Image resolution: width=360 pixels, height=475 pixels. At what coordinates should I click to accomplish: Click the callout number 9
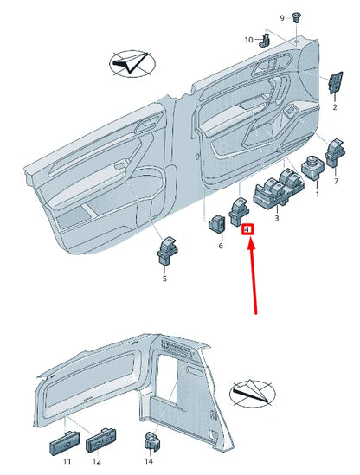(x=282, y=18)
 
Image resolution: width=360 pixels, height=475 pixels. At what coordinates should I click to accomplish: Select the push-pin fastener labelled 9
(x=295, y=17)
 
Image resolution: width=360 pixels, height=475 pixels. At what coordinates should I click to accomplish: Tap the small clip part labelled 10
(x=265, y=41)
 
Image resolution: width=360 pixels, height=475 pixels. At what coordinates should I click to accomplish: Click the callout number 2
(x=335, y=107)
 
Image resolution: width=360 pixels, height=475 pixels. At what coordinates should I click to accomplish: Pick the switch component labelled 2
(x=336, y=82)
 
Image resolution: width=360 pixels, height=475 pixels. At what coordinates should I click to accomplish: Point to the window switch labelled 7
(x=335, y=154)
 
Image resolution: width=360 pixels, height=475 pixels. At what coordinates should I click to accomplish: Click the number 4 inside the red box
(x=247, y=229)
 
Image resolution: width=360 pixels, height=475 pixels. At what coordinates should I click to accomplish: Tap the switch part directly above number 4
(x=239, y=211)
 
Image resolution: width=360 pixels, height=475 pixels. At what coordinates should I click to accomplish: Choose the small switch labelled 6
(x=217, y=224)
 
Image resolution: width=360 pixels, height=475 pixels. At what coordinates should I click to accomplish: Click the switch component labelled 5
(x=167, y=250)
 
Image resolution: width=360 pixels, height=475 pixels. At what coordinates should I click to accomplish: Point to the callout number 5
(x=164, y=279)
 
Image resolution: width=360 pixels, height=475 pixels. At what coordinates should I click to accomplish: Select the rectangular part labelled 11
(x=65, y=442)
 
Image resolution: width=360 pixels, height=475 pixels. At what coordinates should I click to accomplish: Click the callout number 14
(x=149, y=461)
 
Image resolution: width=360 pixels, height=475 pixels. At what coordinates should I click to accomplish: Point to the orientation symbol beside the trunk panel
(x=253, y=394)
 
